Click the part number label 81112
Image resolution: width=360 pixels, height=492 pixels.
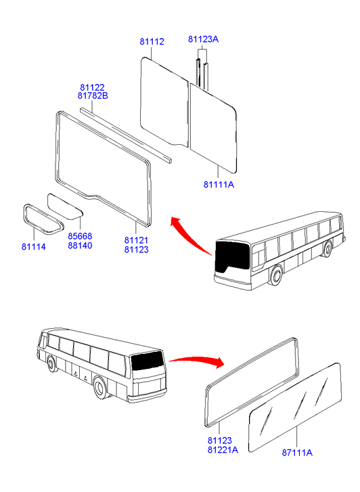[x=152, y=41]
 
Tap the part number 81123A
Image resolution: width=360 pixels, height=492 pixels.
[x=204, y=39]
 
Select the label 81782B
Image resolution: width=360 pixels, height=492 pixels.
[x=93, y=95]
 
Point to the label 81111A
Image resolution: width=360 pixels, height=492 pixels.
[x=219, y=185]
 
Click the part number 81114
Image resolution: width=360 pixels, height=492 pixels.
[x=34, y=247]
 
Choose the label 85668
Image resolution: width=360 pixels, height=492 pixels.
[x=80, y=236]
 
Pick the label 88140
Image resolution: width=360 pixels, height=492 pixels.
[x=80, y=246]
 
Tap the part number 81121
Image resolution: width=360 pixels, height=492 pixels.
[x=137, y=240]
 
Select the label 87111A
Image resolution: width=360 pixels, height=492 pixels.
[x=297, y=453]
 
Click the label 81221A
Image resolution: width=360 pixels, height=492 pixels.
[x=223, y=450]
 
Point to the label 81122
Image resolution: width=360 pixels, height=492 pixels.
[x=92, y=87]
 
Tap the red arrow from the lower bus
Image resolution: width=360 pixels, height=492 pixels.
[x=198, y=360]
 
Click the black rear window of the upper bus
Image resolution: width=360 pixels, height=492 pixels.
[x=232, y=256]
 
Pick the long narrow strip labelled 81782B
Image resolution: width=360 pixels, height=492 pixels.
[x=126, y=135]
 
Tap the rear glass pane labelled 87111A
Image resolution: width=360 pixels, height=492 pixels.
[x=295, y=408]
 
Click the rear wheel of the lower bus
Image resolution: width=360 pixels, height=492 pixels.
[x=100, y=388]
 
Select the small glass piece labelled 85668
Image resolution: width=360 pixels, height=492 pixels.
[x=64, y=206]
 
